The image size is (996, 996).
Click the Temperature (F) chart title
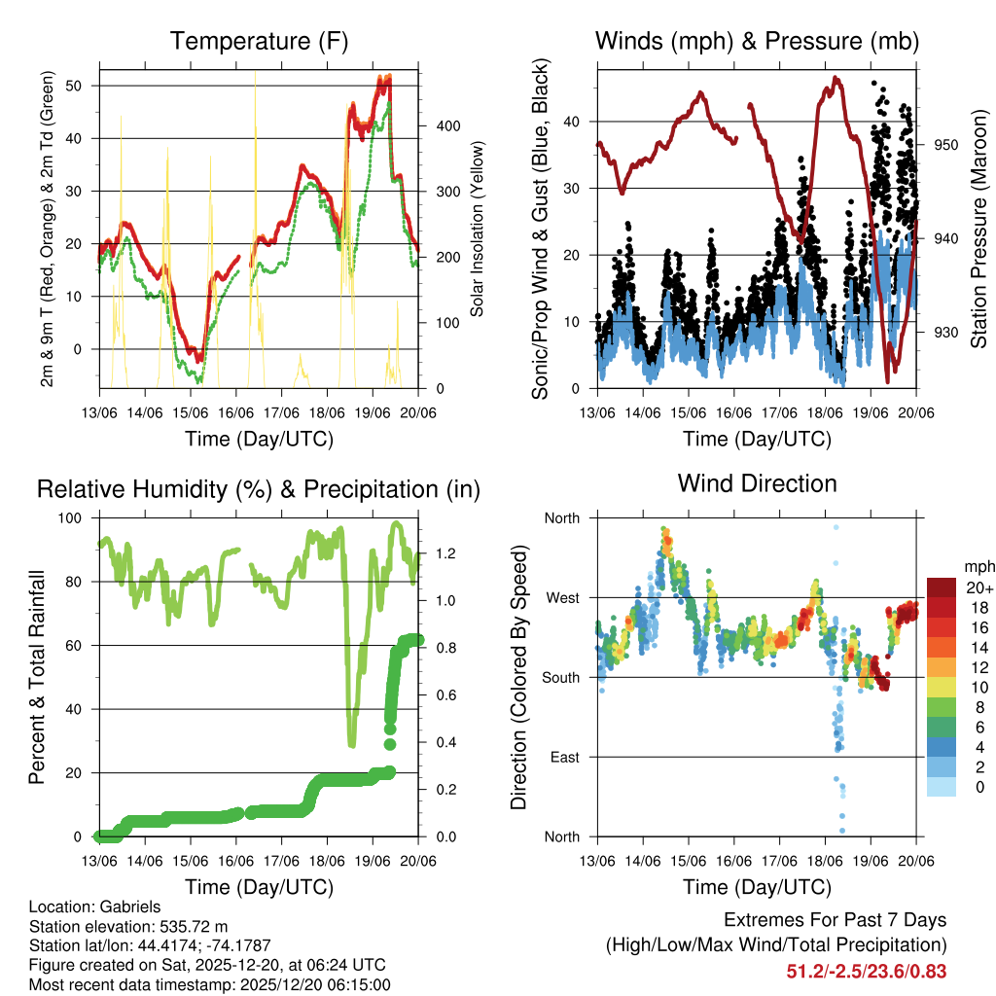tap(259, 41)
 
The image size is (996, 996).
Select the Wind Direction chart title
tap(757, 483)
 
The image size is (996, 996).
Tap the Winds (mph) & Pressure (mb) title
tap(757, 41)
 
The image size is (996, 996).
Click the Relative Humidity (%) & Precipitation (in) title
tap(259, 489)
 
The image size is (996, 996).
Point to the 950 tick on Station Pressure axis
tap(946, 145)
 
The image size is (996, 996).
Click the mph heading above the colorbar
tap(977, 566)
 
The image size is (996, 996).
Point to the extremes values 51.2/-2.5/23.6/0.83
tap(866, 971)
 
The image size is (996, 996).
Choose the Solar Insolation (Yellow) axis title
tap(478, 230)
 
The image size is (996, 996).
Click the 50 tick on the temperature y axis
tap(80, 86)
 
